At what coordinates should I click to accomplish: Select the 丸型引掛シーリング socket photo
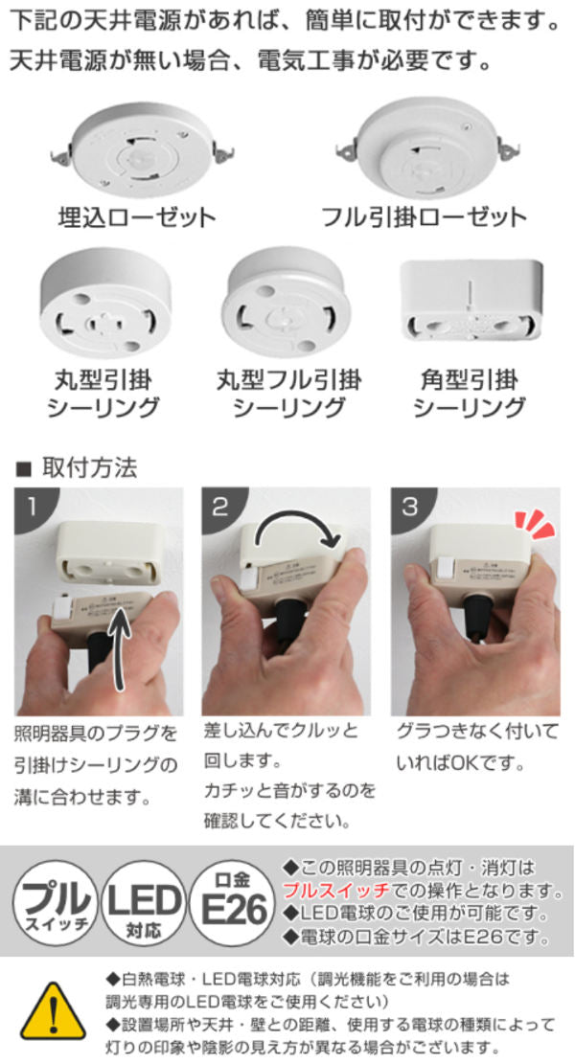point(105,303)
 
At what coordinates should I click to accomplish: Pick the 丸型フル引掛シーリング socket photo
point(287,303)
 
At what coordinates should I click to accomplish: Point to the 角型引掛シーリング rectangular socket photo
point(471,300)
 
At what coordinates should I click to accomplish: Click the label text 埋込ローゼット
point(137,218)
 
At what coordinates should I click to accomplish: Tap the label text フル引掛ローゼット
point(424,217)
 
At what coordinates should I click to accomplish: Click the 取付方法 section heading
point(89,467)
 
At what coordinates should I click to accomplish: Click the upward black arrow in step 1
point(120,646)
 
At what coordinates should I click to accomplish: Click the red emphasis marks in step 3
point(534,525)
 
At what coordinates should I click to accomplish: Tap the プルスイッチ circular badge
point(56,903)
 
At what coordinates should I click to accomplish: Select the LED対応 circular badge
point(143,903)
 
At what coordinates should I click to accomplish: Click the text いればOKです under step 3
point(461,763)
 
